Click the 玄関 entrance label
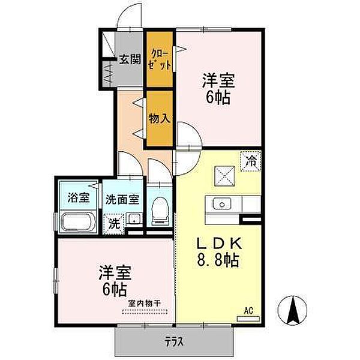[130, 60]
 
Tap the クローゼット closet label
[160, 59]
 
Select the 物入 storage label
[160, 119]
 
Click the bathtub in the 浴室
[78, 222]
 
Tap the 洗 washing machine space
[114, 224]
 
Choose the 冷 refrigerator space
[251, 161]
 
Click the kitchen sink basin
[222, 203]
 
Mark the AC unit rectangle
[248, 319]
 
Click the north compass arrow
[293, 310]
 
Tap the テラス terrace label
[174, 342]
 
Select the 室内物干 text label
[144, 304]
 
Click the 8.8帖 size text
[218, 260]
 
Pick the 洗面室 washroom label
[122, 200]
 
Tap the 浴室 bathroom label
[78, 197]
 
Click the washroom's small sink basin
[134, 218]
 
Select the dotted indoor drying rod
[145, 312]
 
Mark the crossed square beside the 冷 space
[224, 176]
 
